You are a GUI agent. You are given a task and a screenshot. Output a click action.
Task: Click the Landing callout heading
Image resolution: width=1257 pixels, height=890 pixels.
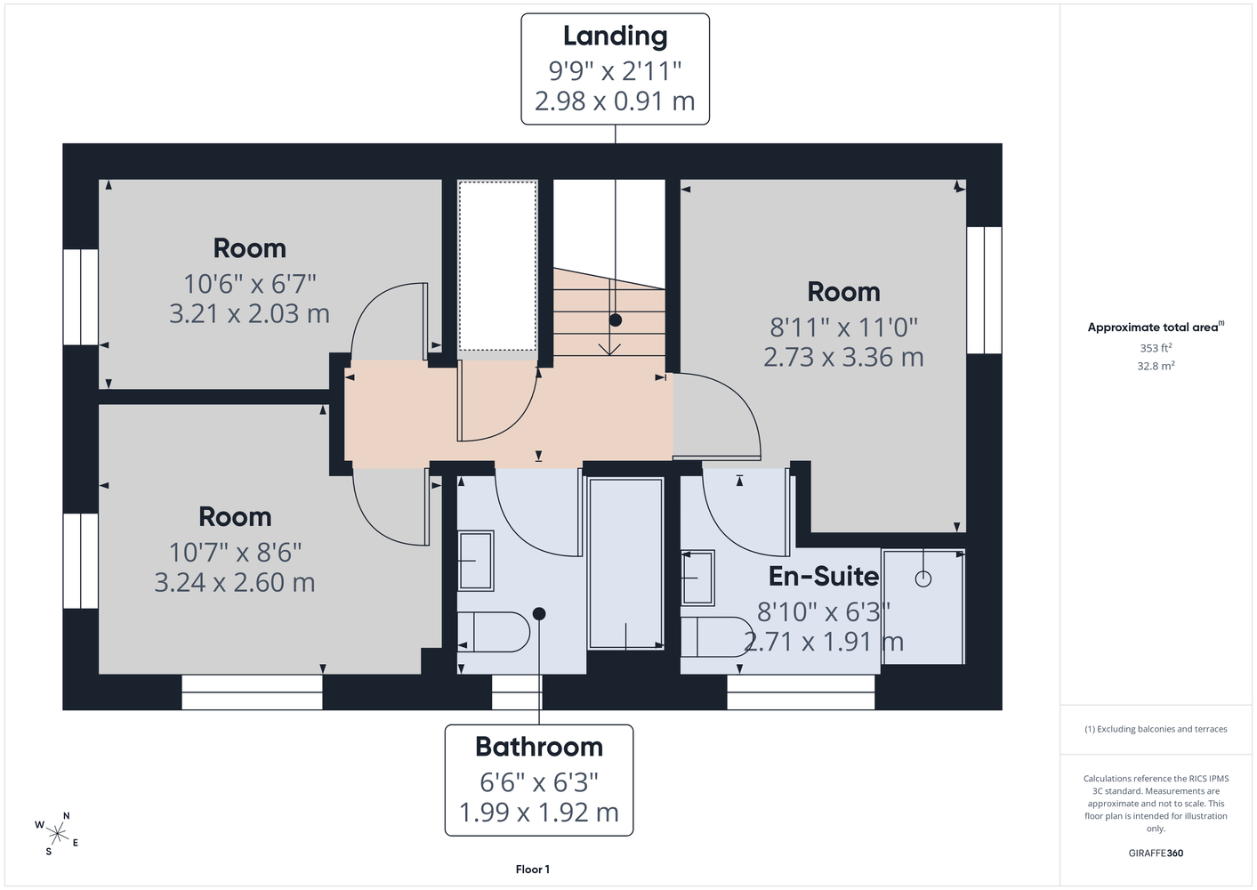coord(615,36)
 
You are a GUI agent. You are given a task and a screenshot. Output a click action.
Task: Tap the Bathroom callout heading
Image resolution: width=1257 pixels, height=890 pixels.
coord(539,747)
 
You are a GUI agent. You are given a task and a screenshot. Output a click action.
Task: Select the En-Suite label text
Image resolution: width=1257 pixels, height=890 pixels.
coord(823,577)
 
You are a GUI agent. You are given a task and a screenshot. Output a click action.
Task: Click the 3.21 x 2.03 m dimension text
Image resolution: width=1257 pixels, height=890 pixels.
coord(250,313)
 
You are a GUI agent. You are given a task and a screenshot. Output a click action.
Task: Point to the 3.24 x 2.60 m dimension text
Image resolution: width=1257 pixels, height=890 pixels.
coord(235,582)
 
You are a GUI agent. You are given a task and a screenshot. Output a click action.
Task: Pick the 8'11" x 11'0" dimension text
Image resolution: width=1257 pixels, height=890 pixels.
coord(843,328)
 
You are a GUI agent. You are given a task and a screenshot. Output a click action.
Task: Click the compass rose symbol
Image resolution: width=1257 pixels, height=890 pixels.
coord(57,834)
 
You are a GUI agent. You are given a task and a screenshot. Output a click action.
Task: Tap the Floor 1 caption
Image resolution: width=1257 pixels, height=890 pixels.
coord(533,870)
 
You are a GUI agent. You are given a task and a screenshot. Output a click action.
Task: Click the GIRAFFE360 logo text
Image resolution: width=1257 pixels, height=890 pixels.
coord(1156,853)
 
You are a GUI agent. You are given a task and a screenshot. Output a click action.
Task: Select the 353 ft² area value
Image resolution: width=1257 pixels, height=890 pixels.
coord(1156,348)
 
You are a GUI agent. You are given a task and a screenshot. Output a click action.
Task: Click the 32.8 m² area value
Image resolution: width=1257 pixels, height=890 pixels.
coord(1156,366)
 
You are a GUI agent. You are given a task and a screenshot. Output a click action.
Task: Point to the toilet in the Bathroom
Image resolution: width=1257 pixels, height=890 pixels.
coord(494,632)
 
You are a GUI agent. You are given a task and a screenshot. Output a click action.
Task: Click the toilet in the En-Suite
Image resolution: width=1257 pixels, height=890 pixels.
coord(717,636)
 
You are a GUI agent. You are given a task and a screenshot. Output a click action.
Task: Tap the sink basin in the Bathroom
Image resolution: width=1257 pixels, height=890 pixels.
coord(476,561)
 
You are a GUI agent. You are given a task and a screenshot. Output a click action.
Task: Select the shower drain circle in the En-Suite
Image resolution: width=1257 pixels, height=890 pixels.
coord(923,578)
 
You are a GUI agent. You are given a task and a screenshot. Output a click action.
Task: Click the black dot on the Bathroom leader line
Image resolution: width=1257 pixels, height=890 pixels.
coord(539,614)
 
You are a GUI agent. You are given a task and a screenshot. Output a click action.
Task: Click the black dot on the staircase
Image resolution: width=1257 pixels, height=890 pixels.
coord(616,320)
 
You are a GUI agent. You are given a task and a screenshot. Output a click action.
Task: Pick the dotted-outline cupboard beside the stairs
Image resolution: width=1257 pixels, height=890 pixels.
coord(498,265)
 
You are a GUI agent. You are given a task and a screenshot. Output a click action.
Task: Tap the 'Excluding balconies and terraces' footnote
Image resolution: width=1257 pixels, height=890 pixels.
coord(1156,729)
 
